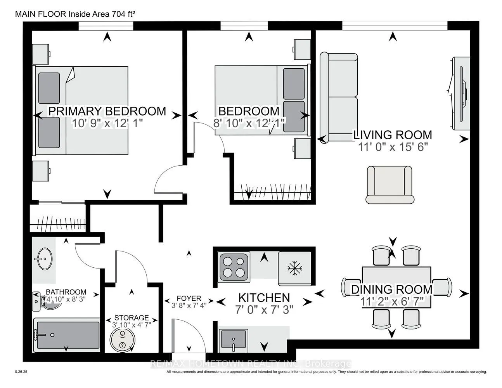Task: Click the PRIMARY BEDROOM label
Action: [107, 111]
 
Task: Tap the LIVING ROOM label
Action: [392, 135]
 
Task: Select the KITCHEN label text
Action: [264, 298]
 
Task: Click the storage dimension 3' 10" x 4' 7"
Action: [132, 325]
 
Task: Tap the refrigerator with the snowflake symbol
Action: [295, 268]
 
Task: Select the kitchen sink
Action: [234, 339]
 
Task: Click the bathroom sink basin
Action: [43, 258]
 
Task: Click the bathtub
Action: [67, 334]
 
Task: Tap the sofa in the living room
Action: [339, 97]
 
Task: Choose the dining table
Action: [396, 287]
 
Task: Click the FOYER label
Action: [189, 298]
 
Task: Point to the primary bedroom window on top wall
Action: [106, 26]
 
